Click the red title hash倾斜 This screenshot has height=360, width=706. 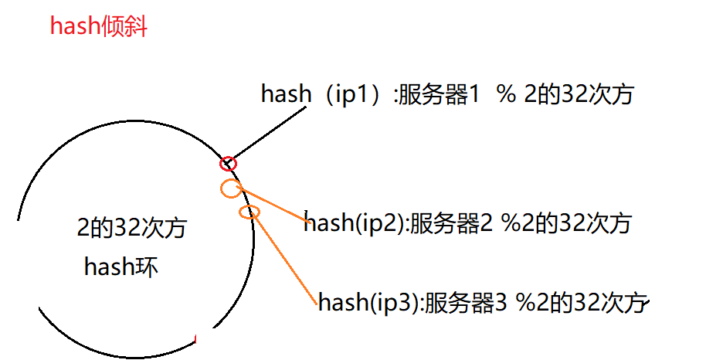98,27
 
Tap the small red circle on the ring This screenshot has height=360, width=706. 228,164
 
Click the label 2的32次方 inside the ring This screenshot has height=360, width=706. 131,229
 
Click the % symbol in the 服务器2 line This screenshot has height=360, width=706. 512,224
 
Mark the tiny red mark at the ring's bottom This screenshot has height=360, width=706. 197,338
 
